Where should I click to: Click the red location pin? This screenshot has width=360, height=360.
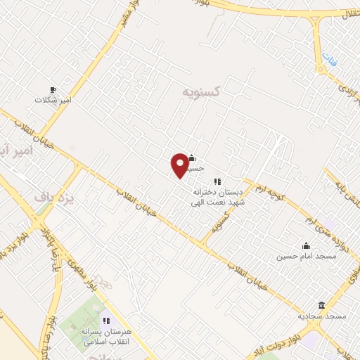pyautogui.click(x=180, y=165)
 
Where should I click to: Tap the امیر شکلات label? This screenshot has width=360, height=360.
pyautogui.click(x=53, y=101)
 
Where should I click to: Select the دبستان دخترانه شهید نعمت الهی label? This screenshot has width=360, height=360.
pyautogui.click(x=218, y=197)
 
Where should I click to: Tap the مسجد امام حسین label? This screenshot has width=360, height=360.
pyautogui.click(x=306, y=257)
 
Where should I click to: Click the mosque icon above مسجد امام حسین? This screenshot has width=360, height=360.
pyautogui.click(x=306, y=246)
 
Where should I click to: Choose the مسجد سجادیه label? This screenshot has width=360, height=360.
pyautogui.click(x=322, y=316)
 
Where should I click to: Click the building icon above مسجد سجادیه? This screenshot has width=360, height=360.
pyautogui.click(x=322, y=305)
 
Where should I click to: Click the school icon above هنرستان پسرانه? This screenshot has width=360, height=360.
pyautogui.click(x=106, y=321)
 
